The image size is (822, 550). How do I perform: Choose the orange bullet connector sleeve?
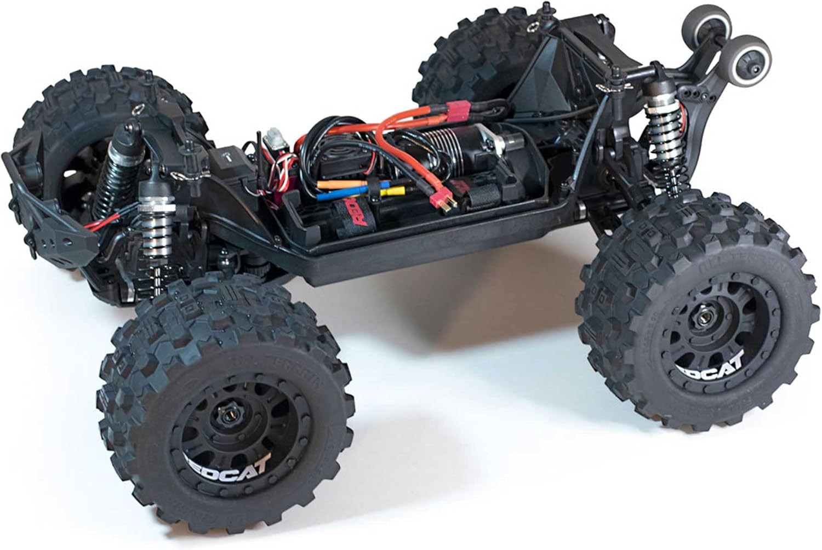[338, 185]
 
